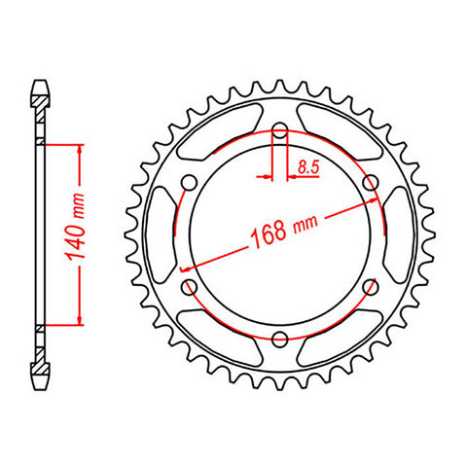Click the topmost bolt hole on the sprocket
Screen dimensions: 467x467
click(x=280, y=129)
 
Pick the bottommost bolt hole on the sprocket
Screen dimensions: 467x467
click(x=280, y=338)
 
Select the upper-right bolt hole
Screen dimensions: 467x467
click(x=370, y=182)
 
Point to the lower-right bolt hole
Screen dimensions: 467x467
click(x=370, y=285)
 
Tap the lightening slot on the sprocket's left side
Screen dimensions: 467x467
click(x=162, y=233)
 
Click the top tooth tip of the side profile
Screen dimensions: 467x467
click(x=41, y=81)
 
